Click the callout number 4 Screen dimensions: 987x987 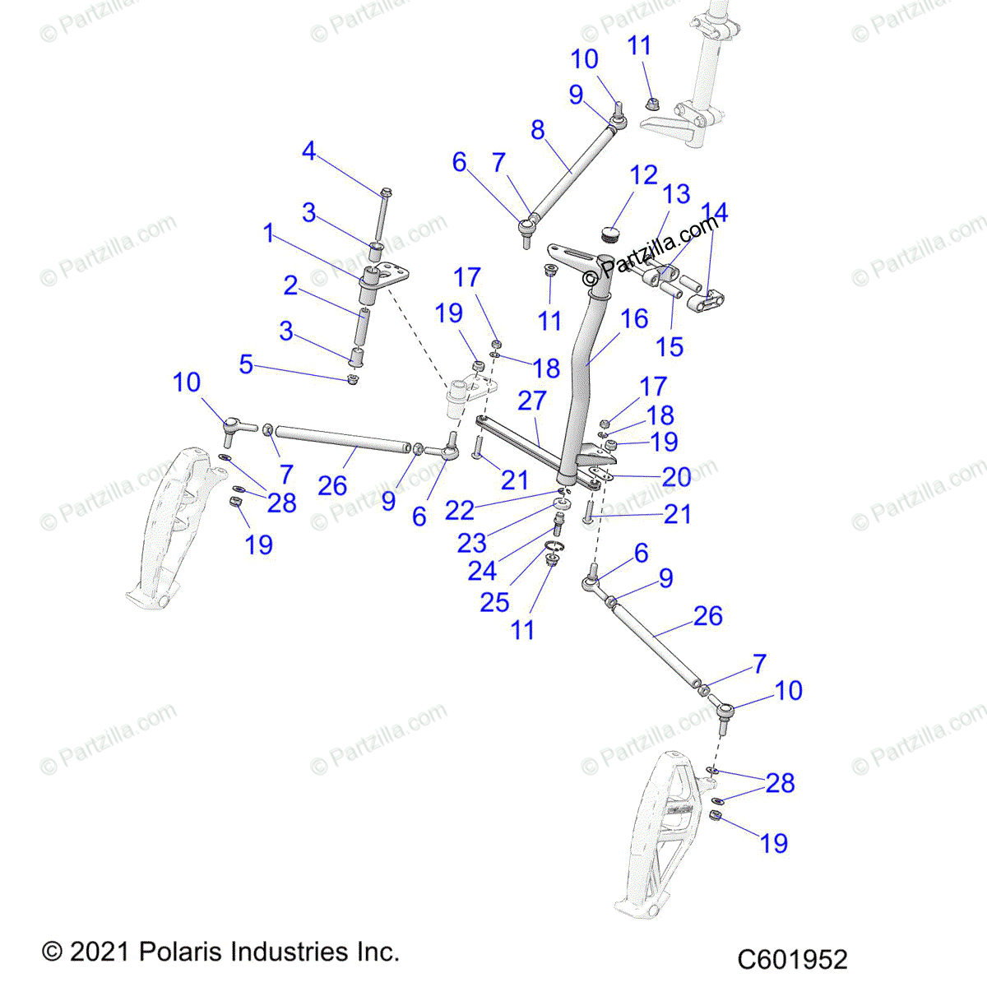(308, 151)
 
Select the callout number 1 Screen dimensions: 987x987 (268, 234)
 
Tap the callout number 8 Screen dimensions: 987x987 (538, 130)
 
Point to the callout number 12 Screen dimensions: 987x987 (644, 175)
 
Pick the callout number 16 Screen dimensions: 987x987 (634, 318)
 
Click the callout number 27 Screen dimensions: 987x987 (532, 401)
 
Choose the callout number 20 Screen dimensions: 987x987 (676, 476)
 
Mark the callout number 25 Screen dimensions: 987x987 (494, 602)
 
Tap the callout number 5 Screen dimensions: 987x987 (246, 364)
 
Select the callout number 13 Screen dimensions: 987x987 (677, 194)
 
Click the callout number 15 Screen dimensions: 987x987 (670, 346)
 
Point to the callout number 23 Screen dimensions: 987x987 (471, 543)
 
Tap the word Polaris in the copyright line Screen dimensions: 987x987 (186, 952)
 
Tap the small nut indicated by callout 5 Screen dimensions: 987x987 (353, 379)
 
